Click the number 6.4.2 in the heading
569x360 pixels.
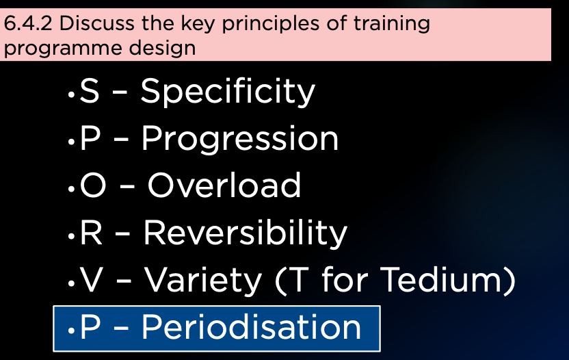(x=28, y=24)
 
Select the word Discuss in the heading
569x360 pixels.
(x=98, y=24)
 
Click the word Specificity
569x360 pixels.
(x=228, y=92)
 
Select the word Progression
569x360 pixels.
(x=240, y=140)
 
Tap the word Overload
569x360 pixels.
(x=224, y=185)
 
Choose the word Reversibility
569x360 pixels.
(x=246, y=233)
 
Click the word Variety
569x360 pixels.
(x=203, y=281)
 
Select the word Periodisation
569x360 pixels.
(x=251, y=327)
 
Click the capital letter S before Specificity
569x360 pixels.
(x=90, y=91)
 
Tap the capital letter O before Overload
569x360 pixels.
(x=93, y=185)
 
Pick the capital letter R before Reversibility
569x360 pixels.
(x=91, y=233)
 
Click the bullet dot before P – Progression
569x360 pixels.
(x=71, y=142)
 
